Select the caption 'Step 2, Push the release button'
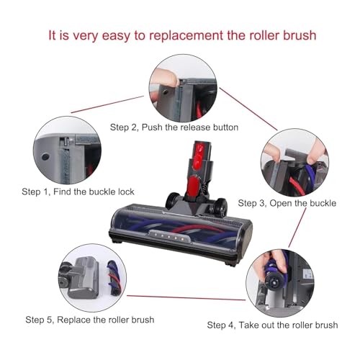click(x=174, y=127)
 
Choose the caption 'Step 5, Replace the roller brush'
click(x=89, y=319)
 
